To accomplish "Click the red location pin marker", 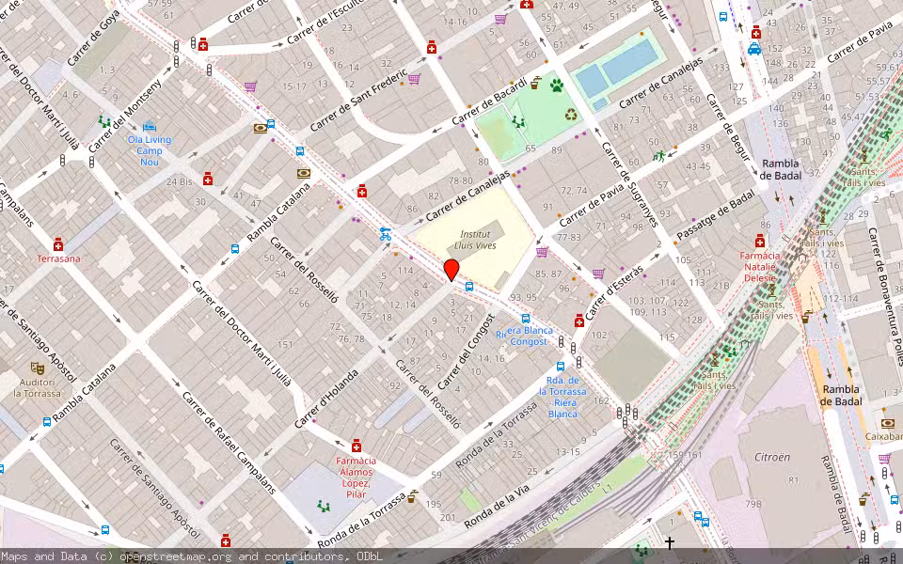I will tap(451, 270).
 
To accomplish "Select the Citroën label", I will tap(772, 456).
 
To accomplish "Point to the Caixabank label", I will tap(883, 436).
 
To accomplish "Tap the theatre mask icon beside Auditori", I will tap(37, 368).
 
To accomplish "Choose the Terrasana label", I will tap(58, 258).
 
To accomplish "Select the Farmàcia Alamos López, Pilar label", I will tap(356, 478).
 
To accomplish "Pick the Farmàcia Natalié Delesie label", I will tap(760, 267).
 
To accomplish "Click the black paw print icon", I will tap(557, 86).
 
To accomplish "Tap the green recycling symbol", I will tap(571, 115).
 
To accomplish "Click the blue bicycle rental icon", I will tap(385, 234).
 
